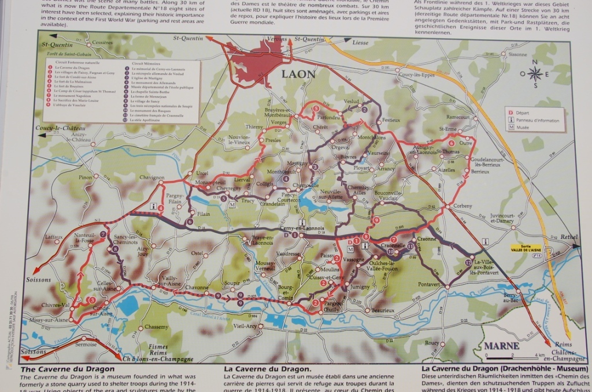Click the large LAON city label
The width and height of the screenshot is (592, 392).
click(298, 74)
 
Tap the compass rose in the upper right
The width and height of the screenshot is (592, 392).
click(535, 73)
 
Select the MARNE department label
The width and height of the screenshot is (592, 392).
click(501, 346)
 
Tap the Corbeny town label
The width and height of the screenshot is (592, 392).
click(462, 206)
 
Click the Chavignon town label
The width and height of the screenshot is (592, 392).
click(151, 177)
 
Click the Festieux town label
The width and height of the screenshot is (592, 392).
click(391, 120)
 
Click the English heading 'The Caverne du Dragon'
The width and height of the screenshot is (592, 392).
click(66, 368)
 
